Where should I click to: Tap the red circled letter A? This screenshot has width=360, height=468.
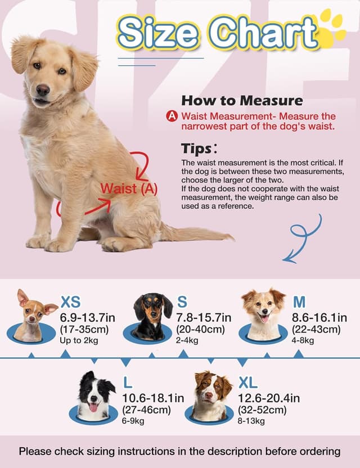pos(173,116)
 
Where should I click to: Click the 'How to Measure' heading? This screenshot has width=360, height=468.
pos(242,101)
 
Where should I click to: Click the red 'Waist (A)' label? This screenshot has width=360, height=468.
pos(129,188)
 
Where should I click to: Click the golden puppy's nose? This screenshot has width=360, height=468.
pos(43,89)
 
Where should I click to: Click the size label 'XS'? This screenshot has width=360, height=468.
pos(74,302)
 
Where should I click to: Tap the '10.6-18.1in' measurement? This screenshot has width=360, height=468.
pos(153,398)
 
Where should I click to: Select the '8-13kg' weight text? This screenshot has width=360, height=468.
pos(251,421)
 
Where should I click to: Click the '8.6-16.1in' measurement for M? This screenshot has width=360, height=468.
pos(319,318)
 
